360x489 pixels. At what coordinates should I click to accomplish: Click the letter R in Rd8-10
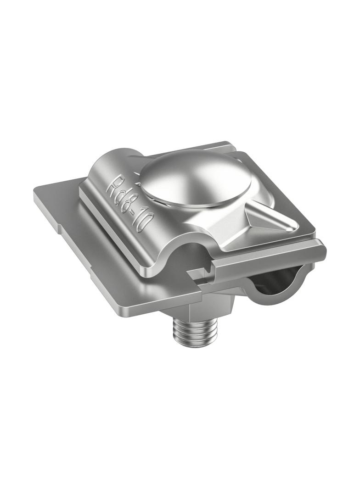pyautogui.click(x=113, y=186)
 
